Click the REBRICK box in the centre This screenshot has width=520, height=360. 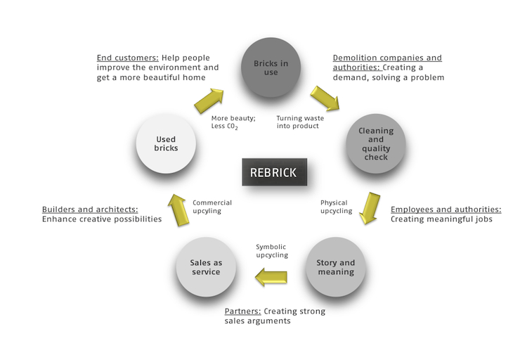point(274,172)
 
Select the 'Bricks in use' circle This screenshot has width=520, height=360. point(271,67)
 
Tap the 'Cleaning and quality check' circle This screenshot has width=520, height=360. point(376,143)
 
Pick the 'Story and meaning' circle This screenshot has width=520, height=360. point(336,267)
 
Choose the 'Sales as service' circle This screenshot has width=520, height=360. point(206,267)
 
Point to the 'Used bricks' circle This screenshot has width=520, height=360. point(166,143)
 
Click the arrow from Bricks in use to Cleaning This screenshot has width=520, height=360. point(325,98)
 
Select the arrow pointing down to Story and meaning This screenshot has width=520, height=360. point(370,208)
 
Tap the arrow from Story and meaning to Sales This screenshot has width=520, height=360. point(271,277)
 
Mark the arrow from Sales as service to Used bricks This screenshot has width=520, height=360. point(178,210)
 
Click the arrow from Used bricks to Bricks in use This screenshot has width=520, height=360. point(209,101)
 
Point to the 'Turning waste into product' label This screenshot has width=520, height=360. point(300,122)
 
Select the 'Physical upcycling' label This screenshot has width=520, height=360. point(337,207)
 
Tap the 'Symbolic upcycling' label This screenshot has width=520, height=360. point(272,251)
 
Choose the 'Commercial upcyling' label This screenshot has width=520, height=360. point(212,207)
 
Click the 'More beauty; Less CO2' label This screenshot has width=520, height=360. point(233,122)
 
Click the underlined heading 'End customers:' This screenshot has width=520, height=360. point(128,58)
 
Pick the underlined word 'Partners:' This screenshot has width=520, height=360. point(242,311)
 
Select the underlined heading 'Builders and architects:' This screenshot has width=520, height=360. point(90,210)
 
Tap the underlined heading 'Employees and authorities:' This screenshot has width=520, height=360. point(446,210)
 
